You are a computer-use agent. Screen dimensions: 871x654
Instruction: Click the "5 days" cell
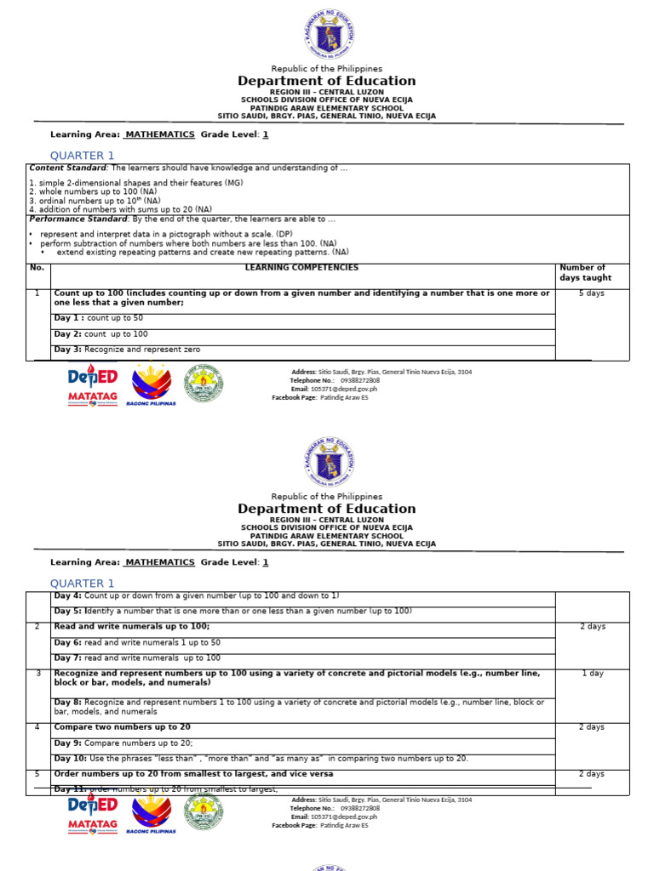(x=591, y=293)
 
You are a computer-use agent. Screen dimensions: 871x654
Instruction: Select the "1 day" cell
(x=593, y=673)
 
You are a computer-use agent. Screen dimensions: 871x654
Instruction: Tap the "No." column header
(x=37, y=268)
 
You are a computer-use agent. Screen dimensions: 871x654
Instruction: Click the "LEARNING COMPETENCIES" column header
(x=301, y=268)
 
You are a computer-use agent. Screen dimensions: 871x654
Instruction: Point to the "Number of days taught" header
(x=585, y=272)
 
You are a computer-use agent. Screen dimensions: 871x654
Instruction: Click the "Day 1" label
(x=68, y=318)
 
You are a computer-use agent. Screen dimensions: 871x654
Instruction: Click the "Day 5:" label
(x=68, y=611)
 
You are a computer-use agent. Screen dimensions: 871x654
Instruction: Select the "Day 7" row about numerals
(x=137, y=658)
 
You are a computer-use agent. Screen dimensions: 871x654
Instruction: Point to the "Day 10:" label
(x=71, y=758)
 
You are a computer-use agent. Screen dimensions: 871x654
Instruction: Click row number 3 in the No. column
(x=37, y=673)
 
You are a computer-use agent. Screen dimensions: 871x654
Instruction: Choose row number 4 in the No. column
(x=37, y=727)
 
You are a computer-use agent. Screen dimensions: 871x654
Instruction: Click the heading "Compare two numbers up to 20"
(x=122, y=727)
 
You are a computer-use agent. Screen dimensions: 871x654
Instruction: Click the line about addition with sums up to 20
(x=121, y=209)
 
